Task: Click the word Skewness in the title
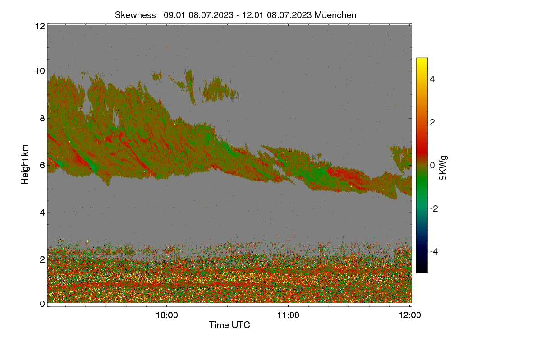click(x=135, y=15)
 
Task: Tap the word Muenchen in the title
click(x=335, y=15)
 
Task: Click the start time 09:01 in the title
click(x=174, y=15)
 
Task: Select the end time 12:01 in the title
click(x=253, y=15)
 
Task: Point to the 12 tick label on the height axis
click(x=40, y=26)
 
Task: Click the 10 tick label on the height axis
click(x=40, y=71)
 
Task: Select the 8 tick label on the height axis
click(x=42, y=119)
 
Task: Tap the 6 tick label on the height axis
click(x=42, y=166)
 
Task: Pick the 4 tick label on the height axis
click(x=42, y=213)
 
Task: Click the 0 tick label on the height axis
click(x=42, y=304)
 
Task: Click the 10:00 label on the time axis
click(x=167, y=315)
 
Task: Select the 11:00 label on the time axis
click(x=288, y=315)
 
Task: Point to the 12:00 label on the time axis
click(x=410, y=315)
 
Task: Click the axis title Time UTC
click(x=229, y=325)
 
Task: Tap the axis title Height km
click(x=25, y=164)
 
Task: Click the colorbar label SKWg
click(x=443, y=168)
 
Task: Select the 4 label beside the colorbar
click(x=432, y=79)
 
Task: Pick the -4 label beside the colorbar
click(x=434, y=252)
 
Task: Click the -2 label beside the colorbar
click(x=434, y=208)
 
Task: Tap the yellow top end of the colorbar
click(x=422, y=59)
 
